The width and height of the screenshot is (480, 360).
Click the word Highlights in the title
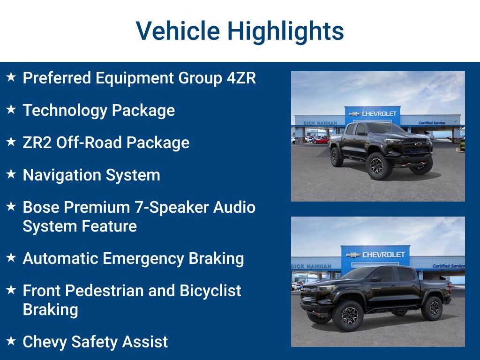pyautogui.click(x=285, y=31)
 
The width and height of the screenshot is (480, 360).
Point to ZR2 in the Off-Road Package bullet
pyautogui.click(x=37, y=142)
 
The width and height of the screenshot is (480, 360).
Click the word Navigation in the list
pyautogui.click(x=62, y=175)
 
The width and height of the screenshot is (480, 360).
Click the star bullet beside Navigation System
pyautogui.click(x=11, y=174)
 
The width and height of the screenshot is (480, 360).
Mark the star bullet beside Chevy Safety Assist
pyautogui.click(x=11, y=341)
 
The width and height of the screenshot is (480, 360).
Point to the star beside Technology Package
pyautogui.click(x=11, y=110)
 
